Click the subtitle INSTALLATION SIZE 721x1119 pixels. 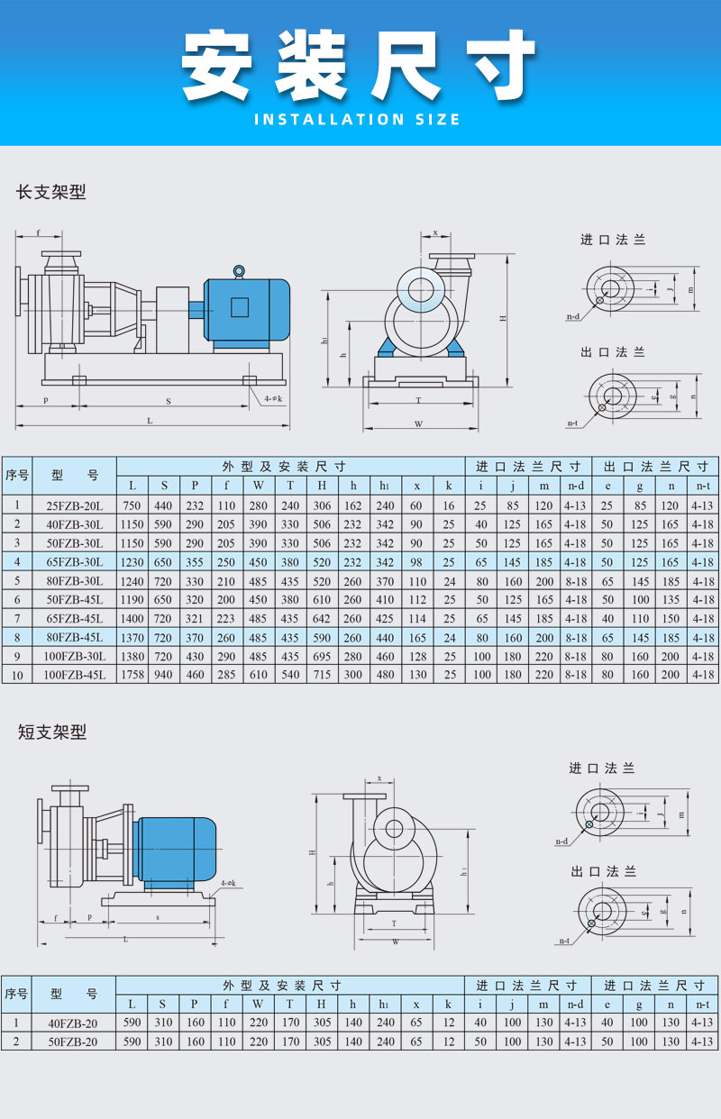(358, 119)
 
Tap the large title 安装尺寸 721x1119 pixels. (358, 65)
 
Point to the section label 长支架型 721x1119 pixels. (51, 192)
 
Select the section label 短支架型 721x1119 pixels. (51, 732)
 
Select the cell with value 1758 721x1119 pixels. (132, 675)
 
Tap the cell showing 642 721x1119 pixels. (322, 619)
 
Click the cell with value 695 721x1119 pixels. (322, 656)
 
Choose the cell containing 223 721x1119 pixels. (226, 619)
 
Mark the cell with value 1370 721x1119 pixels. (132, 638)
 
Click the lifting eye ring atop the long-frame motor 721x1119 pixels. (239, 269)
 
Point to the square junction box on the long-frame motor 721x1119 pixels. (239, 307)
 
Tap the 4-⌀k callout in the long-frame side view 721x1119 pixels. (275, 397)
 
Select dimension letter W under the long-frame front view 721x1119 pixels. (418, 423)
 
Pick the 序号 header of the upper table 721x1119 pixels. (17, 475)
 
